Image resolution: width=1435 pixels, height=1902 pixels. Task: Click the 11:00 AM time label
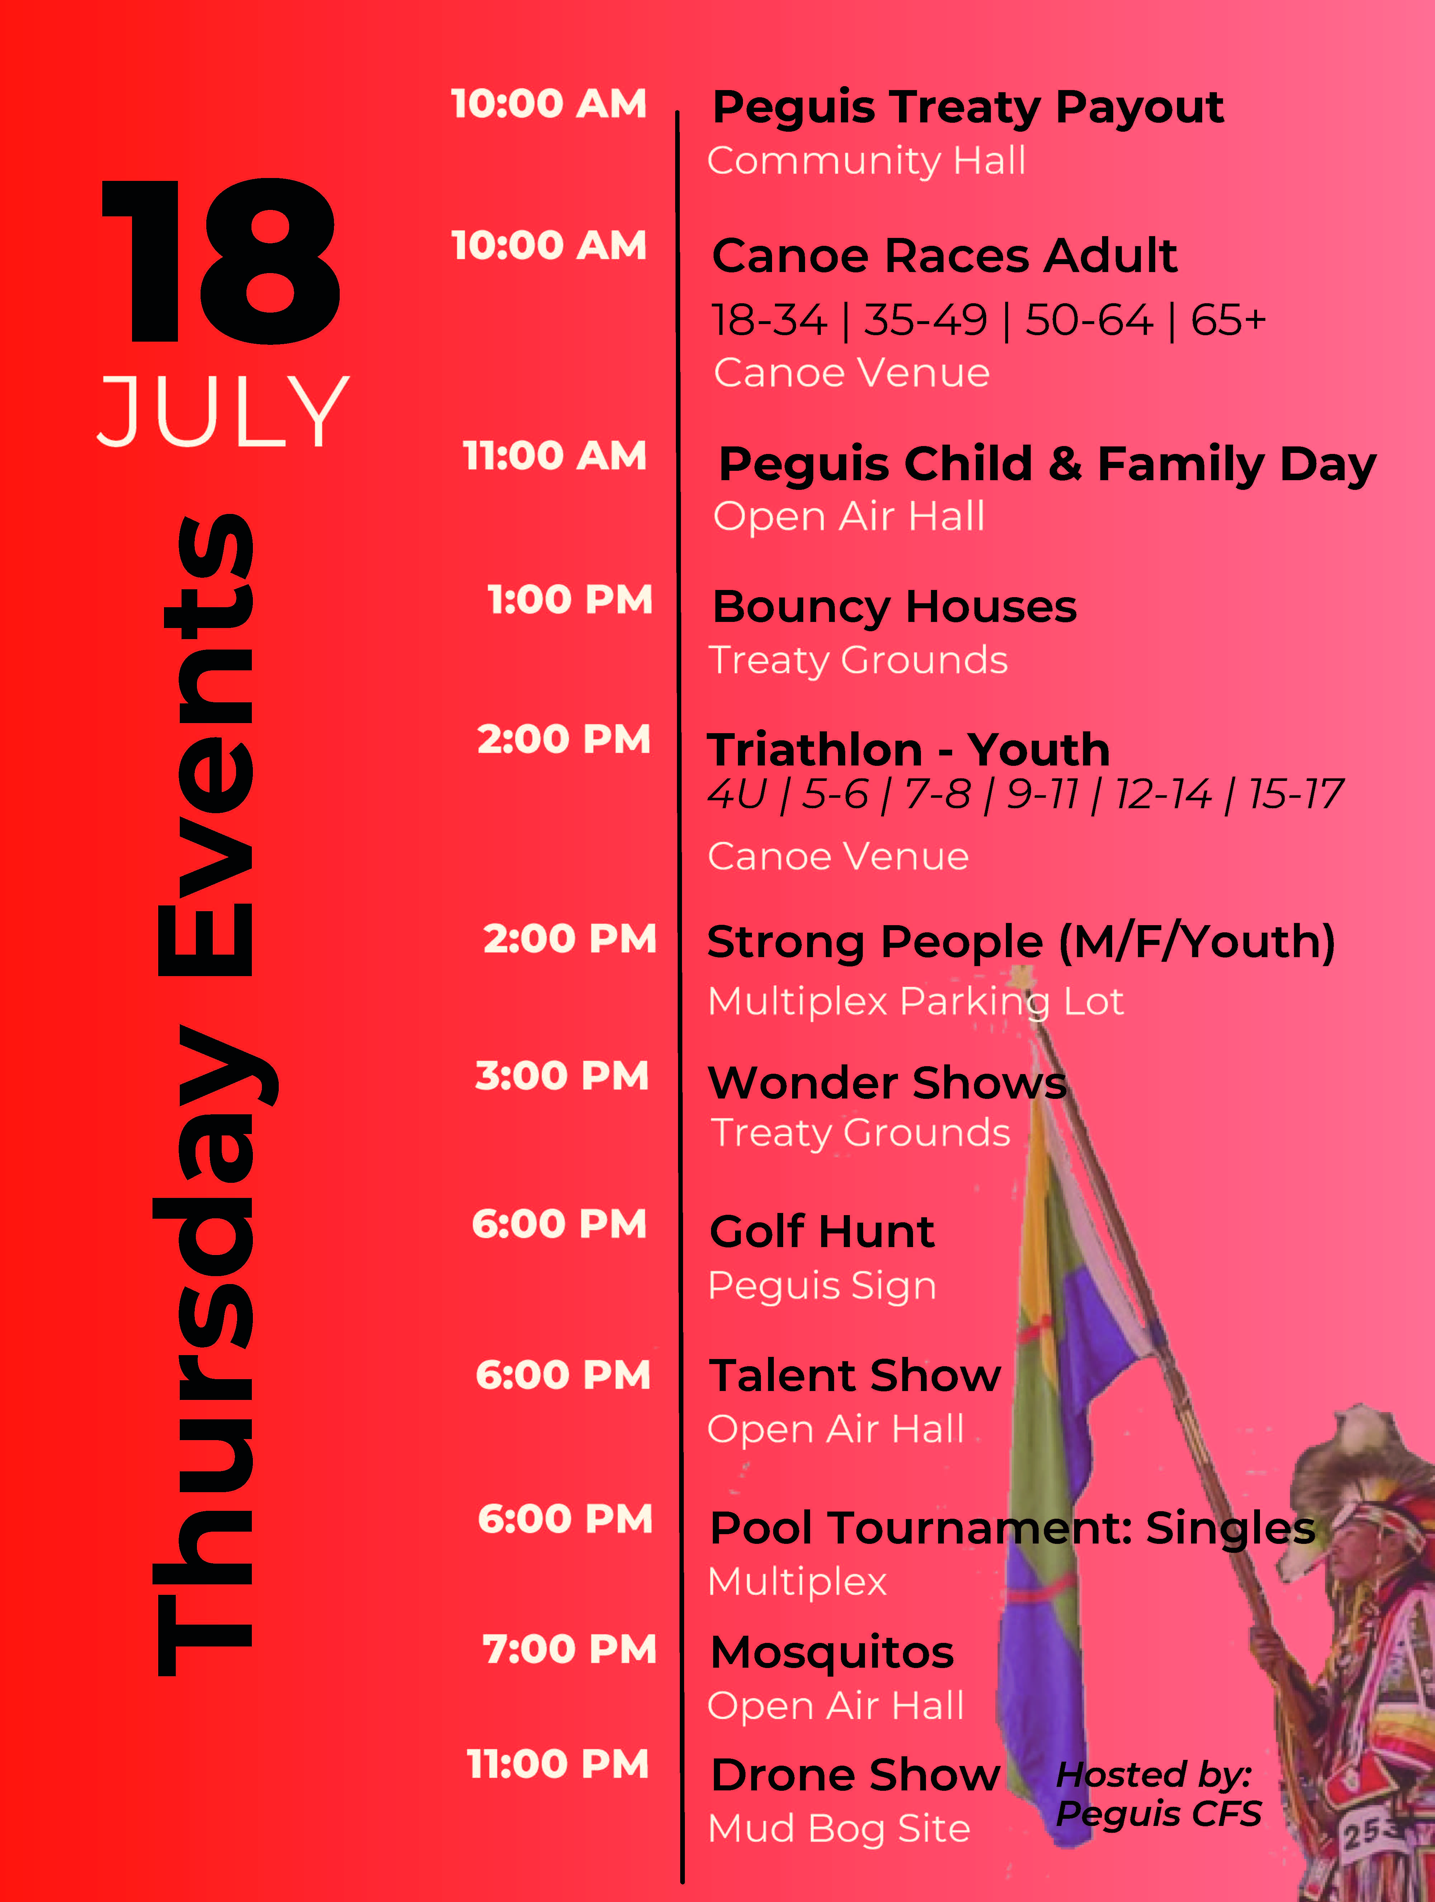point(555,456)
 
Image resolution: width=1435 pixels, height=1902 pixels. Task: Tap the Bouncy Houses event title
point(894,607)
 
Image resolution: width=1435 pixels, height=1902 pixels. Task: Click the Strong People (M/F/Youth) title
point(1021,942)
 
